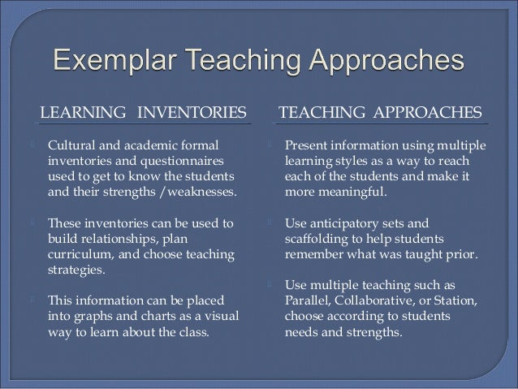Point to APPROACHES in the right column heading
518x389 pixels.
tap(427, 110)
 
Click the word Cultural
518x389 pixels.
tap(72, 145)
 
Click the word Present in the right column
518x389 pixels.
tap(307, 145)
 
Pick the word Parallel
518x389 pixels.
tap(309, 300)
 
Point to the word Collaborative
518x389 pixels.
tap(383, 300)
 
